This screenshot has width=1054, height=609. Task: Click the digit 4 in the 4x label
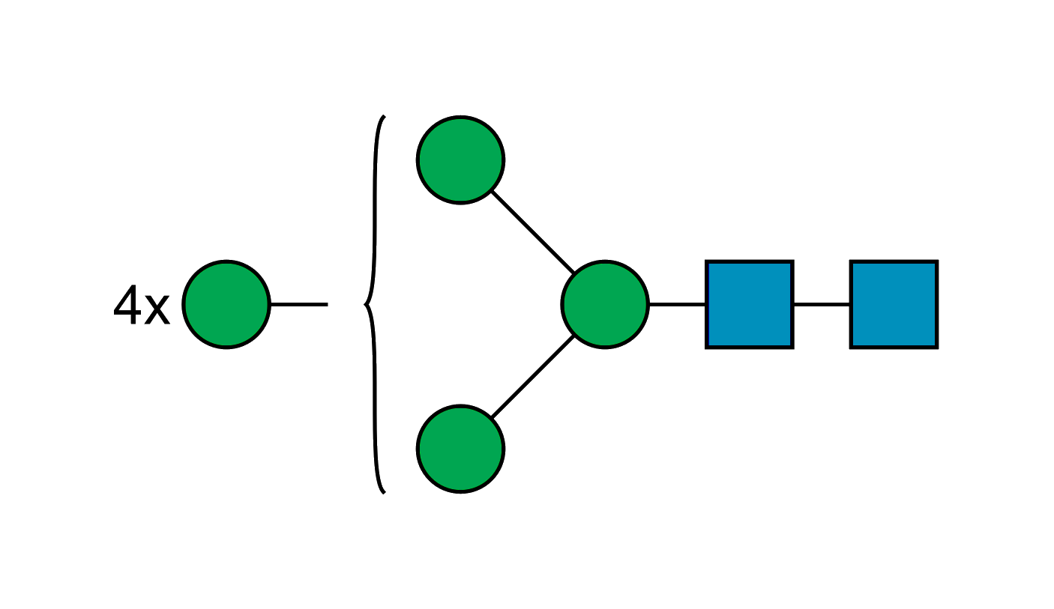pyautogui.click(x=127, y=304)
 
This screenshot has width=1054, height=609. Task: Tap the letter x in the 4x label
pyautogui.click(x=157, y=309)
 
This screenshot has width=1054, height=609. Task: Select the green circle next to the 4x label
pyautogui.click(x=226, y=304)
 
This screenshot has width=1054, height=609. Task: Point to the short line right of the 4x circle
pyautogui.click(x=299, y=305)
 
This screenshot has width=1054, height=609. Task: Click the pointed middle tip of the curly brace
pyautogui.click(x=364, y=305)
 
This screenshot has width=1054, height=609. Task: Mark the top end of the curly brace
pyautogui.click(x=385, y=115)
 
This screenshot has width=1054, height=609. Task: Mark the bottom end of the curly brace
pyautogui.click(x=385, y=493)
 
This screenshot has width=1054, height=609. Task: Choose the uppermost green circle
pyautogui.click(x=460, y=160)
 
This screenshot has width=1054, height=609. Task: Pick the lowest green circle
pyautogui.click(x=460, y=449)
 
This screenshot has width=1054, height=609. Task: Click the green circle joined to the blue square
pyautogui.click(x=605, y=304)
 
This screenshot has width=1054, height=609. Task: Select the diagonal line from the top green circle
pyautogui.click(x=533, y=232)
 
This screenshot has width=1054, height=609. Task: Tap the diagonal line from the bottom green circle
pyautogui.click(x=533, y=377)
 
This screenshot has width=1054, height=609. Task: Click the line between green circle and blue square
pyautogui.click(x=677, y=305)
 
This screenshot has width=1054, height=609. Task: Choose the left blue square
pyautogui.click(x=750, y=304)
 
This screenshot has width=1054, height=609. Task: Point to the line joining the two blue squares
pyautogui.click(x=822, y=305)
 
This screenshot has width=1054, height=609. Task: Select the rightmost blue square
pyautogui.click(x=894, y=304)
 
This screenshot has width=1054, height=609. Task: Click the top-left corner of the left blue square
pyautogui.click(x=705, y=260)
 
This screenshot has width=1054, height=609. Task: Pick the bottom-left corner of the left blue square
pyautogui.click(x=705, y=348)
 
